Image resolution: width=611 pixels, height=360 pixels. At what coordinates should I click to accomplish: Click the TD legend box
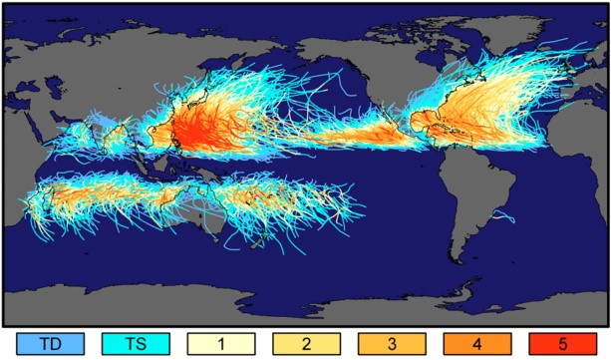tap(46, 343)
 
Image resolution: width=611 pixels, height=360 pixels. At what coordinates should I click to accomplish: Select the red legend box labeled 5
tap(563, 343)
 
